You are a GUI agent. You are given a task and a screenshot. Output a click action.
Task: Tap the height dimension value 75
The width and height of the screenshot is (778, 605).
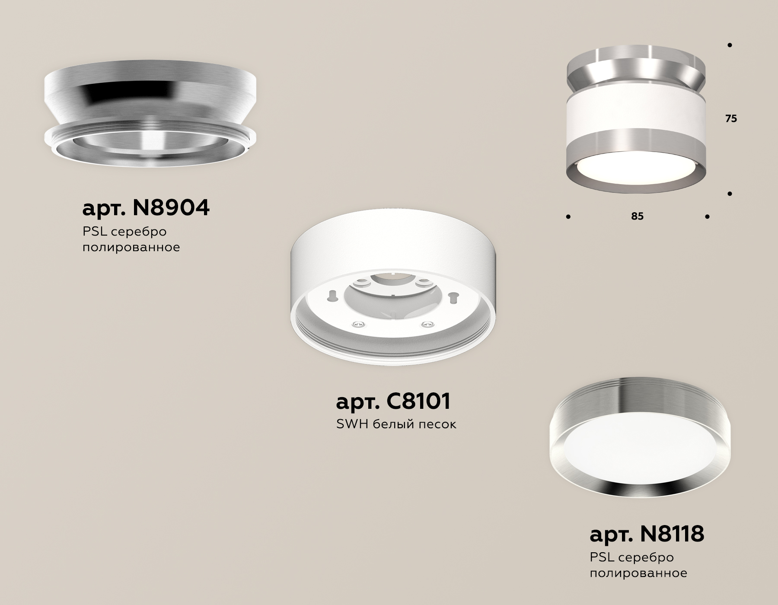731,119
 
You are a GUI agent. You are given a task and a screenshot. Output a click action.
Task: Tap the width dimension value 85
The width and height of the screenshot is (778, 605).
637,216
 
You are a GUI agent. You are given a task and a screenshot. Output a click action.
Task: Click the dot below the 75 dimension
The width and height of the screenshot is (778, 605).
730,194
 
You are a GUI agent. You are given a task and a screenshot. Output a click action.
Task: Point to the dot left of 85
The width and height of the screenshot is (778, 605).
568,217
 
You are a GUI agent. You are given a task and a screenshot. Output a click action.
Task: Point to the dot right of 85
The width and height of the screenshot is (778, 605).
707,217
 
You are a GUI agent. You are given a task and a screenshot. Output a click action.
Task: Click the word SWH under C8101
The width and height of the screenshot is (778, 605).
351,424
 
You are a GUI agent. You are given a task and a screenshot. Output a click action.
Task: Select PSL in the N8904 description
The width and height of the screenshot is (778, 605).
94,232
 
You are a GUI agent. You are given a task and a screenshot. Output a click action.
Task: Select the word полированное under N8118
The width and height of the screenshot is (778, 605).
638,573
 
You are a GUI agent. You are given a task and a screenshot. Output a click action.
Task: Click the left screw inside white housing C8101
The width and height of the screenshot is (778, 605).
358,324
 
